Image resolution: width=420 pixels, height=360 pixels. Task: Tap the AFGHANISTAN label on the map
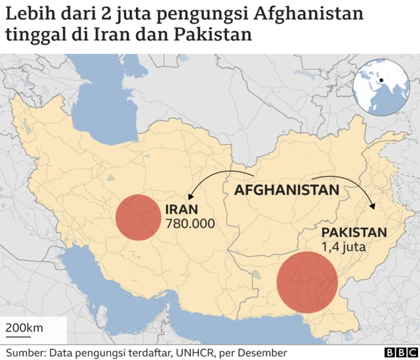[x=287, y=191]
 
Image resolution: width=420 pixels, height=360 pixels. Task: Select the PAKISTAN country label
[x=354, y=233]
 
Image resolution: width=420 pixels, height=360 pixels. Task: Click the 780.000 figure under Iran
[x=191, y=224]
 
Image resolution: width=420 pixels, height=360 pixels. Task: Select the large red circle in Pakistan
[x=306, y=282]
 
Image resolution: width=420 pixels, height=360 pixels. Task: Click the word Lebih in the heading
[x=26, y=12]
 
